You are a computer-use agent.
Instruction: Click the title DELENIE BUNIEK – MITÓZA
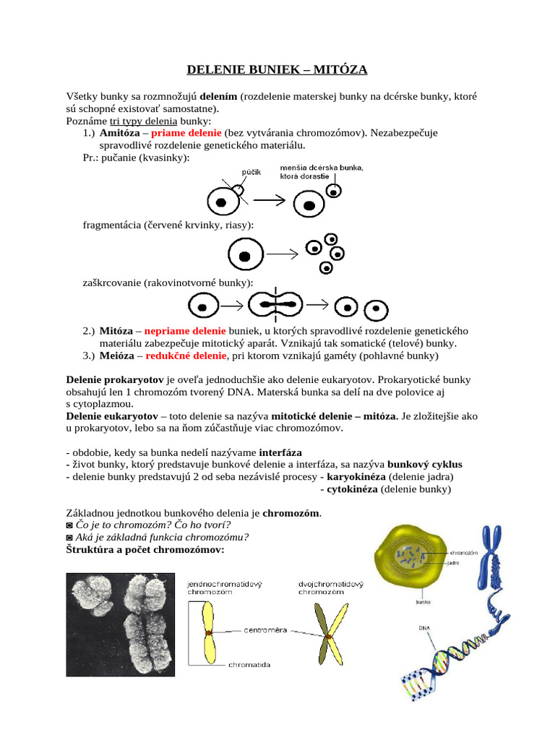277,69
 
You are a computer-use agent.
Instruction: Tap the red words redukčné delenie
187,356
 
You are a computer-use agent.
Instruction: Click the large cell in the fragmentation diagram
245,255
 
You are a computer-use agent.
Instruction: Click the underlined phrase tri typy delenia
143,121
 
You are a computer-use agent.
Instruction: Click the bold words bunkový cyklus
425,464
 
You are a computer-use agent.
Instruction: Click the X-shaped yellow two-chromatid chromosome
330,636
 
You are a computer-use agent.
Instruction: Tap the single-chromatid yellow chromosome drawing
206,633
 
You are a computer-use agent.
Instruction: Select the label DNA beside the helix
424,628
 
